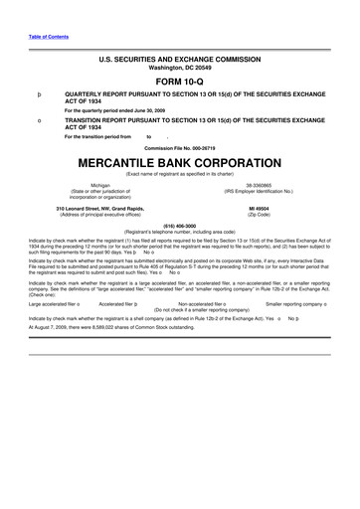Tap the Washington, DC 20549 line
[179, 65]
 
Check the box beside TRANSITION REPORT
[38, 119]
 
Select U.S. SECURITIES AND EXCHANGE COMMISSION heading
[179, 57]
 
